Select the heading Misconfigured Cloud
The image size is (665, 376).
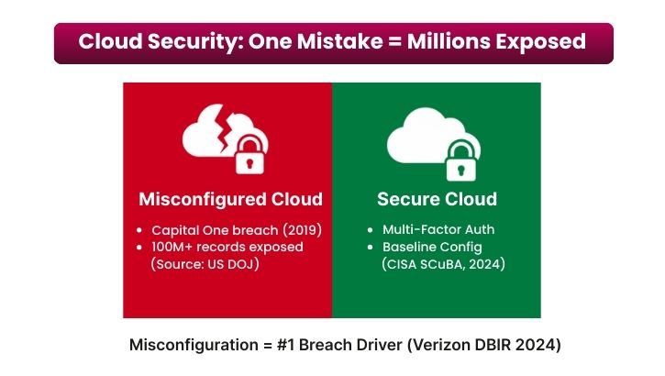(x=230, y=199)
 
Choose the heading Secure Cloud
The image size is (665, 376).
(x=437, y=199)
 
